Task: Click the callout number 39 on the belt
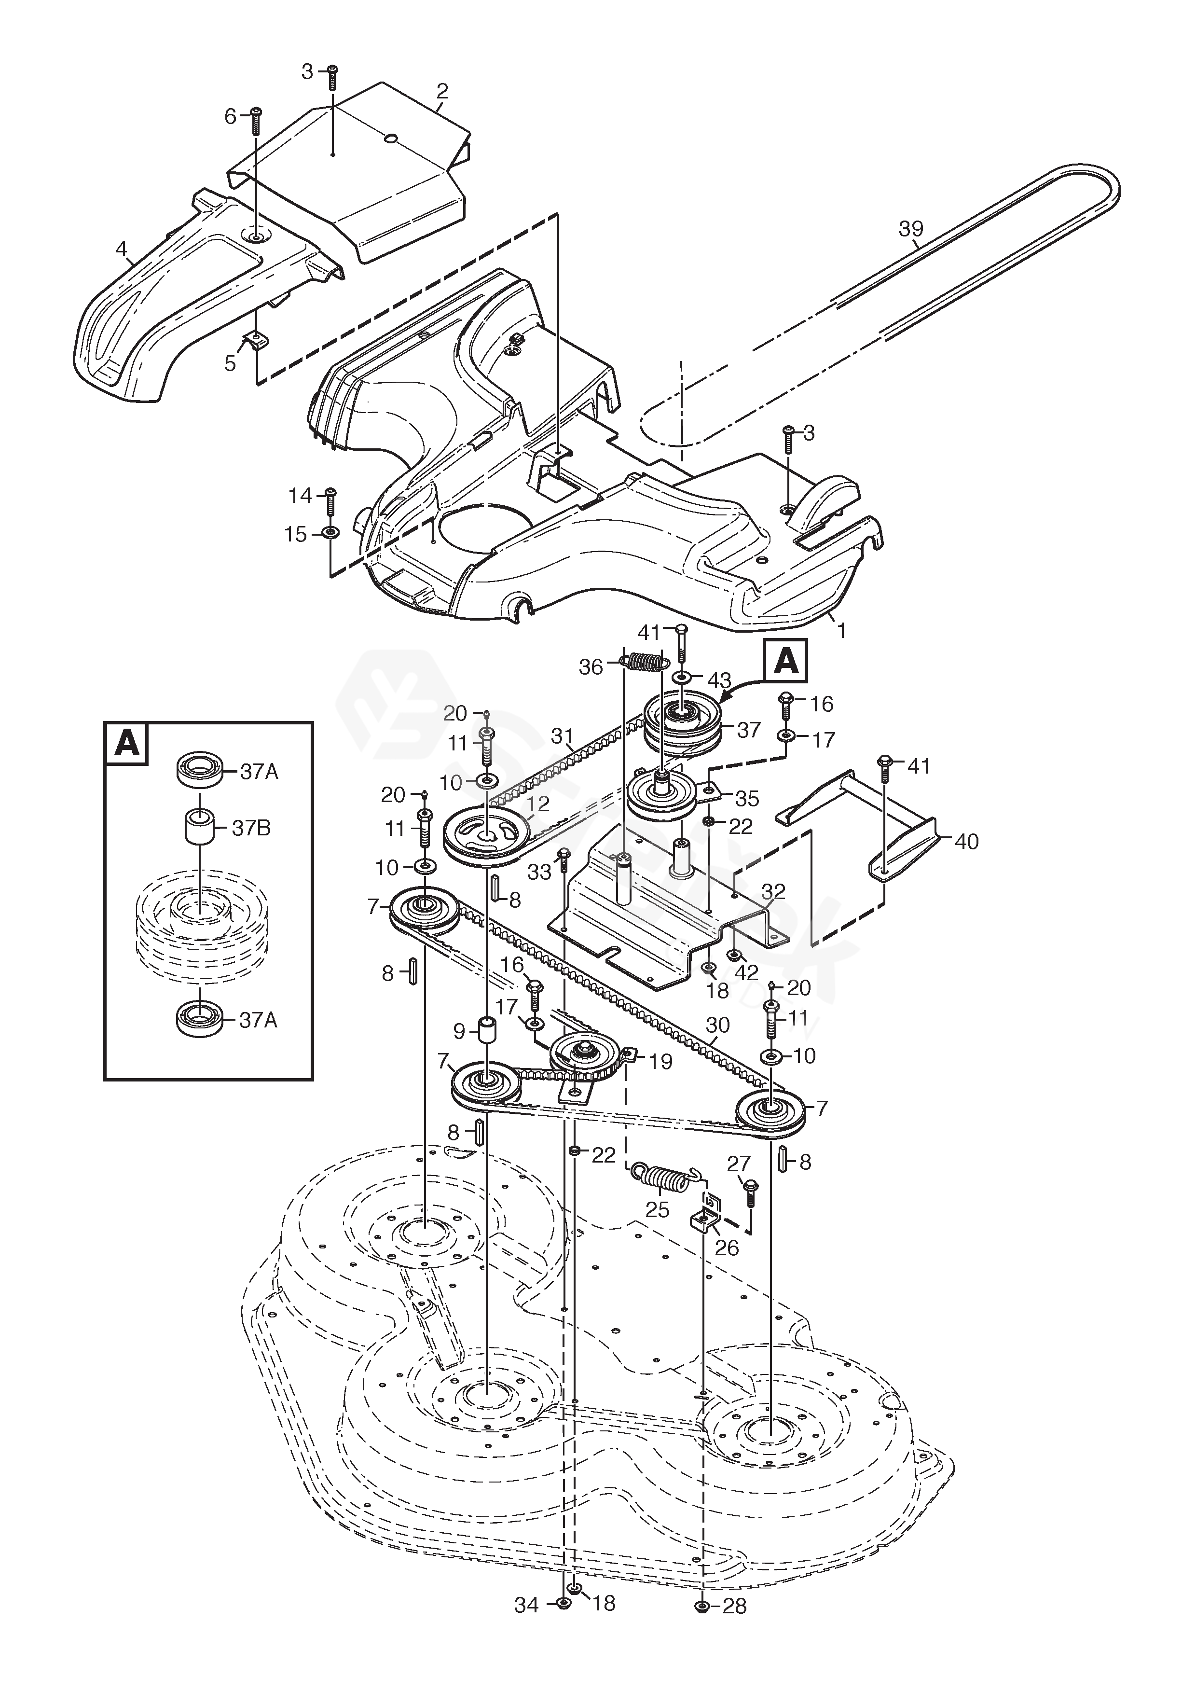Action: pos(910,229)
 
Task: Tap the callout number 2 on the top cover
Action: pos(442,91)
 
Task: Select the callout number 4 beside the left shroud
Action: pos(122,249)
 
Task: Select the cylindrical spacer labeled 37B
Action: pos(199,829)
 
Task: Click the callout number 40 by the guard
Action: pos(966,841)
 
